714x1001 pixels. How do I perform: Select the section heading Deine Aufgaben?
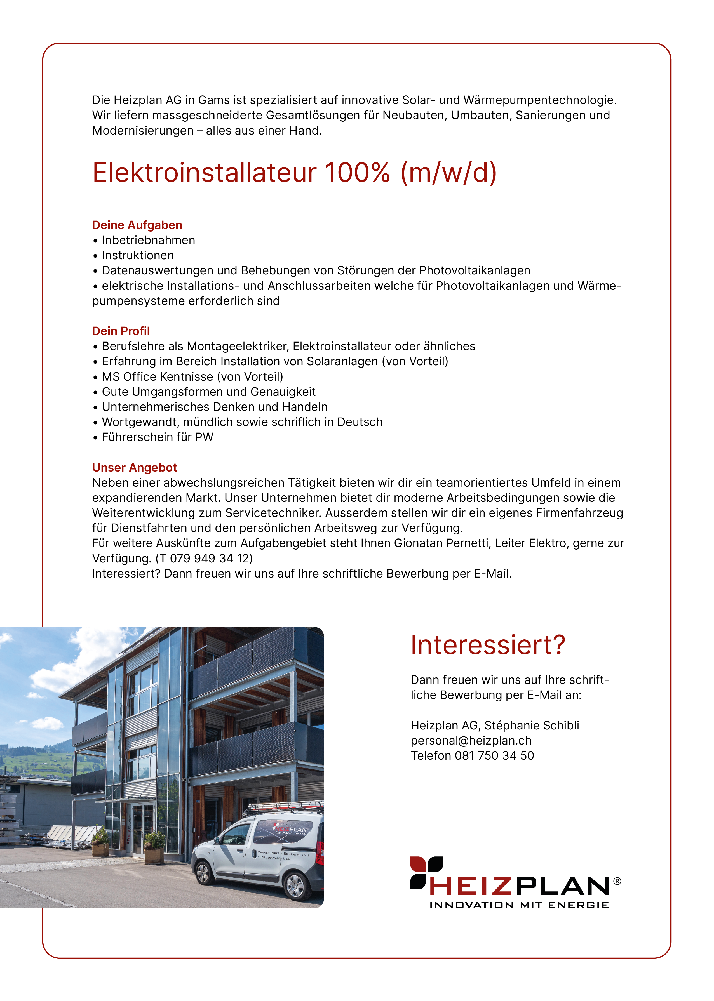pos(137,225)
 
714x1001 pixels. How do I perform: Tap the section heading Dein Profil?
pos(121,331)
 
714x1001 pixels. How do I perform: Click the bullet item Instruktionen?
pos(138,255)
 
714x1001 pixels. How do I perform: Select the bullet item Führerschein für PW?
pos(158,437)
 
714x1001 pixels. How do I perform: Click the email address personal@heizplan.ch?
pos(471,740)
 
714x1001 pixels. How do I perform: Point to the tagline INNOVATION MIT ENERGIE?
pos(519,905)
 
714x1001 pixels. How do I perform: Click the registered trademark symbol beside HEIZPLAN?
pos(617,881)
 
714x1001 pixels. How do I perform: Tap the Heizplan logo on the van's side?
pos(290,828)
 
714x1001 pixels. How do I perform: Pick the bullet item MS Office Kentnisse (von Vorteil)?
pos(192,376)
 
